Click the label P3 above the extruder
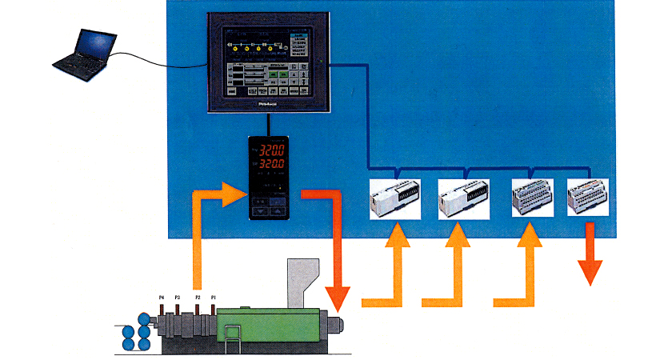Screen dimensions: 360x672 point(177,298)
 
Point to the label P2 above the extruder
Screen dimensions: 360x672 point(198,298)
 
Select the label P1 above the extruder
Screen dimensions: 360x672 point(213,298)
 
